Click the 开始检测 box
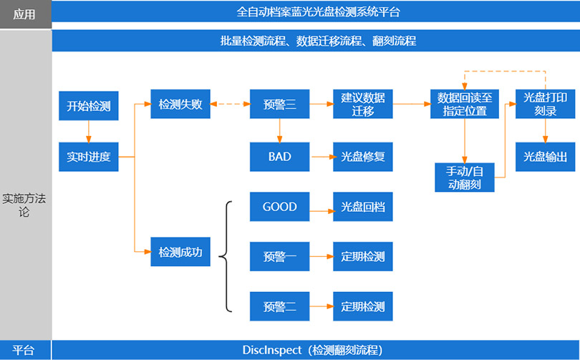click(x=88, y=105)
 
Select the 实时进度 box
click(x=88, y=156)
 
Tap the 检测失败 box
click(x=180, y=104)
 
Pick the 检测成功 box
click(x=180, y=252)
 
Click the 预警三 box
click(x=279, y=104)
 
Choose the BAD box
click(x=279, y=156)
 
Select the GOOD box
click(x=279, y=207)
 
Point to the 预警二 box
click(x=279, y=306)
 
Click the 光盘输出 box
click(x=546, y=156)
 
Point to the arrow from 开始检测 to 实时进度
click(x=88, y=131)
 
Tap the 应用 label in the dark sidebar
click(x=25, y=14)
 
